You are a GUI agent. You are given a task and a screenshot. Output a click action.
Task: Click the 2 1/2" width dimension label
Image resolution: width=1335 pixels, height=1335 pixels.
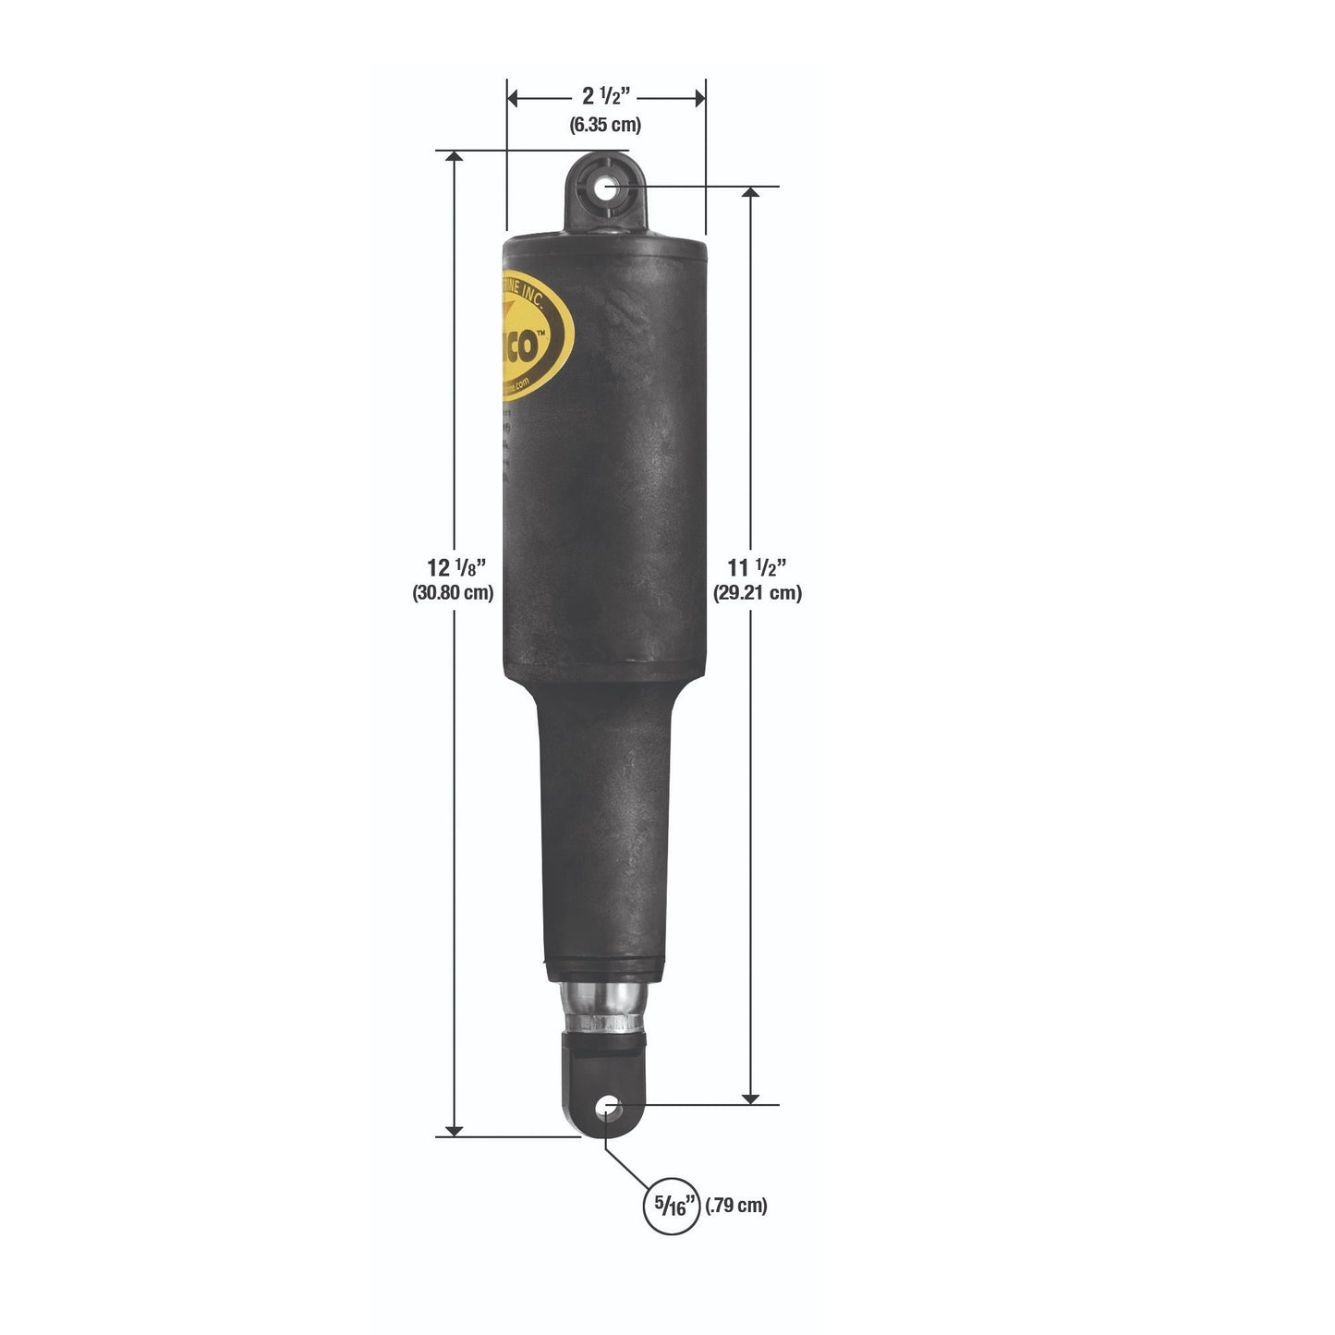tap(606, 96)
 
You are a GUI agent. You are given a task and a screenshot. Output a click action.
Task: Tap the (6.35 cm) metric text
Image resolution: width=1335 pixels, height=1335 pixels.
tap(605, 125)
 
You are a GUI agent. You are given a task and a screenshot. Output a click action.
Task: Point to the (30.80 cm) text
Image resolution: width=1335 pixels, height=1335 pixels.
tap(453, 593)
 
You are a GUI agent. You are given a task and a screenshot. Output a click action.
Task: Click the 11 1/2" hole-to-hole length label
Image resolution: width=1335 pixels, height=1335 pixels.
tap(757, 567)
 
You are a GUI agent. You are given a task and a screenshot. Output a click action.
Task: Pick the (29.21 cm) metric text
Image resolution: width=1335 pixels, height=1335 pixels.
tap(757, 593)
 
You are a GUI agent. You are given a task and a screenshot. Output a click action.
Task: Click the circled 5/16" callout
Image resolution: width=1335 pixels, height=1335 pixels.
tap(672, 1206)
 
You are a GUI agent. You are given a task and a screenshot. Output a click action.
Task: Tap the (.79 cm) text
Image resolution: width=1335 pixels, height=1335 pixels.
tap(736, 1206)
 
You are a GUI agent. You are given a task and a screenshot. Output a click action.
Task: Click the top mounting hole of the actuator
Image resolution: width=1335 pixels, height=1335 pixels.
tap(607, 189)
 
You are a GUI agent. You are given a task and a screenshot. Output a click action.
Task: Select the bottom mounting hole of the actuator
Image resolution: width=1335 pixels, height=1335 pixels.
tap(607, 1106)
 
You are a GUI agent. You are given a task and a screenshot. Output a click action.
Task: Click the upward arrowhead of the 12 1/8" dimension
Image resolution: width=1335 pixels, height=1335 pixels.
tap(454, 157)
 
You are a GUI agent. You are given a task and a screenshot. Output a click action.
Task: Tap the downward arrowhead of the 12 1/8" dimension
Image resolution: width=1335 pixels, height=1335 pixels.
tap(454, 1130)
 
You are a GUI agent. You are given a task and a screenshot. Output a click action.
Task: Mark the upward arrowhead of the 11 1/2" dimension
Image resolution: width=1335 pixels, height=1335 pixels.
tap(751, 192)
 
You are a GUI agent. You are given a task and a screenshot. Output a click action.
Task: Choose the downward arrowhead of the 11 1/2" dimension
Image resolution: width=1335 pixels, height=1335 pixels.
tap(751, 1097)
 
